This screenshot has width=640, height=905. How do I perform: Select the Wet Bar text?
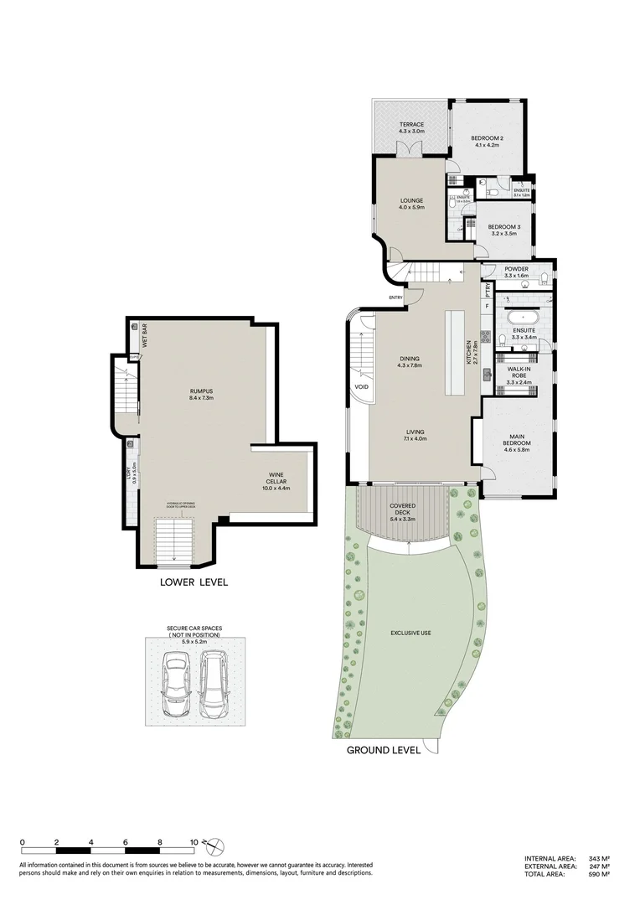(144, 336)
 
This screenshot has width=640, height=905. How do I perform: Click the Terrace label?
(411, 128)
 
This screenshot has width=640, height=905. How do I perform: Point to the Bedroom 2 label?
(485, 141)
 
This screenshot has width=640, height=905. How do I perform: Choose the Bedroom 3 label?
(503, 230)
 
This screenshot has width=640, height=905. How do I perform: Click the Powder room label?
(516, 271)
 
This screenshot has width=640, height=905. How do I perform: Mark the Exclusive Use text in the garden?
(410, 633)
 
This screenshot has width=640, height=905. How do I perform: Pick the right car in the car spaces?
(214, 685)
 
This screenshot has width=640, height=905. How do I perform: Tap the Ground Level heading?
(384, 750)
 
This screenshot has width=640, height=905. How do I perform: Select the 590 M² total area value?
(598, 874)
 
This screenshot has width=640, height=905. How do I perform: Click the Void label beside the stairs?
(362, 387)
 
